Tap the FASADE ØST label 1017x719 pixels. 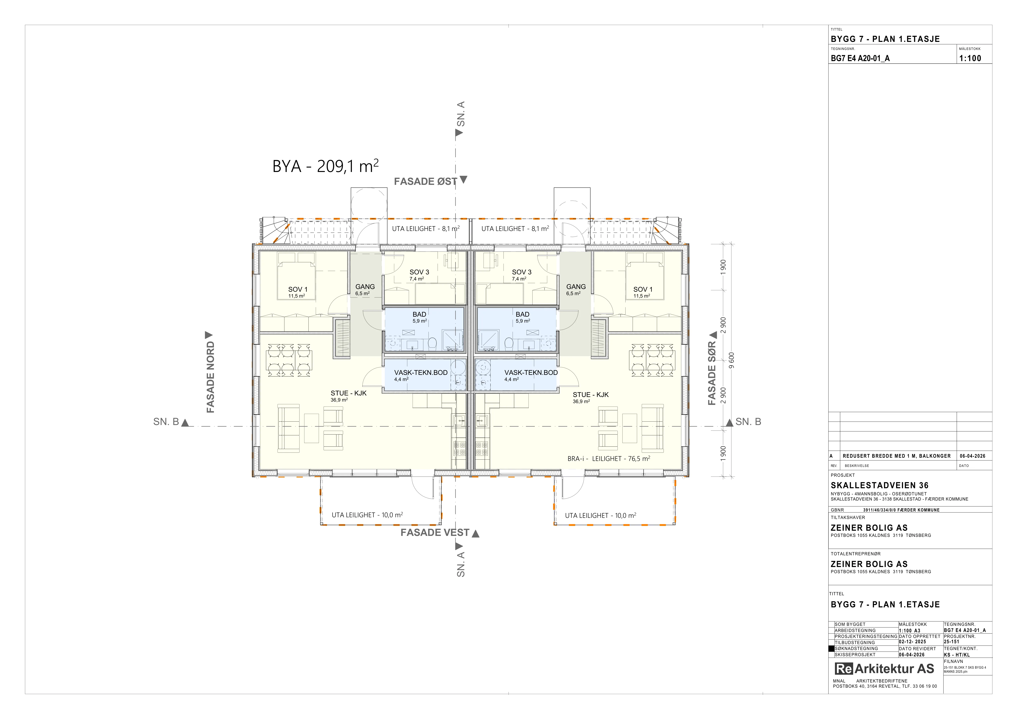(426, 182)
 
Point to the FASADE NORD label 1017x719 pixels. (210, 377)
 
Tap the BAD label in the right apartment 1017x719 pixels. (523, 314)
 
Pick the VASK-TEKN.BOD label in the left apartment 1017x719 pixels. (421, 373)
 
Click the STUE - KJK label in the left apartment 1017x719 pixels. (349, 393)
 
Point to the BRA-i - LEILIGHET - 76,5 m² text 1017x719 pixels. (609, 459)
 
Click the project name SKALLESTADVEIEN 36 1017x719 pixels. (879, 485)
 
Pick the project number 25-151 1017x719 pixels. (951, 642)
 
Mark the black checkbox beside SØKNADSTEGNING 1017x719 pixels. (831, 649)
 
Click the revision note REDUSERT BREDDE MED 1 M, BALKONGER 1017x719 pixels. (897, 456)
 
